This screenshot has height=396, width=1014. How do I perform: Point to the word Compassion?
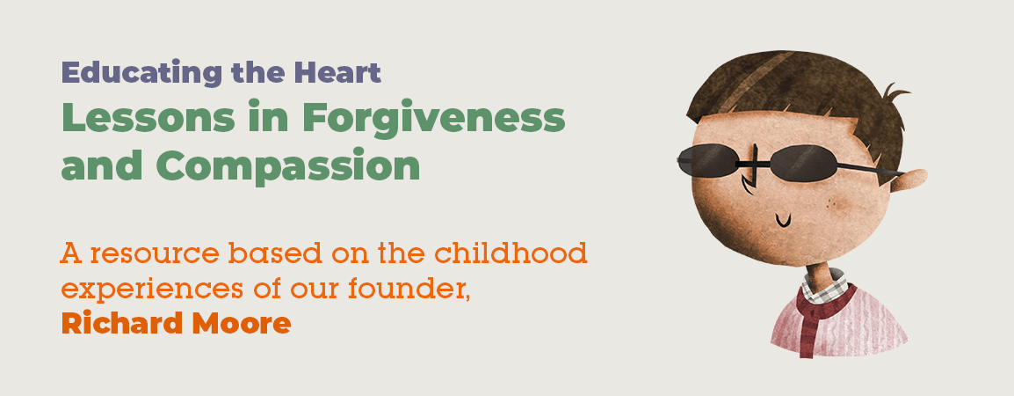tap(288, 166)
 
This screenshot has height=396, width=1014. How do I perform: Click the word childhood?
tap(511, 253)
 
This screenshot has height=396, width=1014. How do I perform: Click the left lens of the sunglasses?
tap(708, 159)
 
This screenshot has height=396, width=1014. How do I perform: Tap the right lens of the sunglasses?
tap(804, 163)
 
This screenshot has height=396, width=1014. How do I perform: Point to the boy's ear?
tap(908, 180)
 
